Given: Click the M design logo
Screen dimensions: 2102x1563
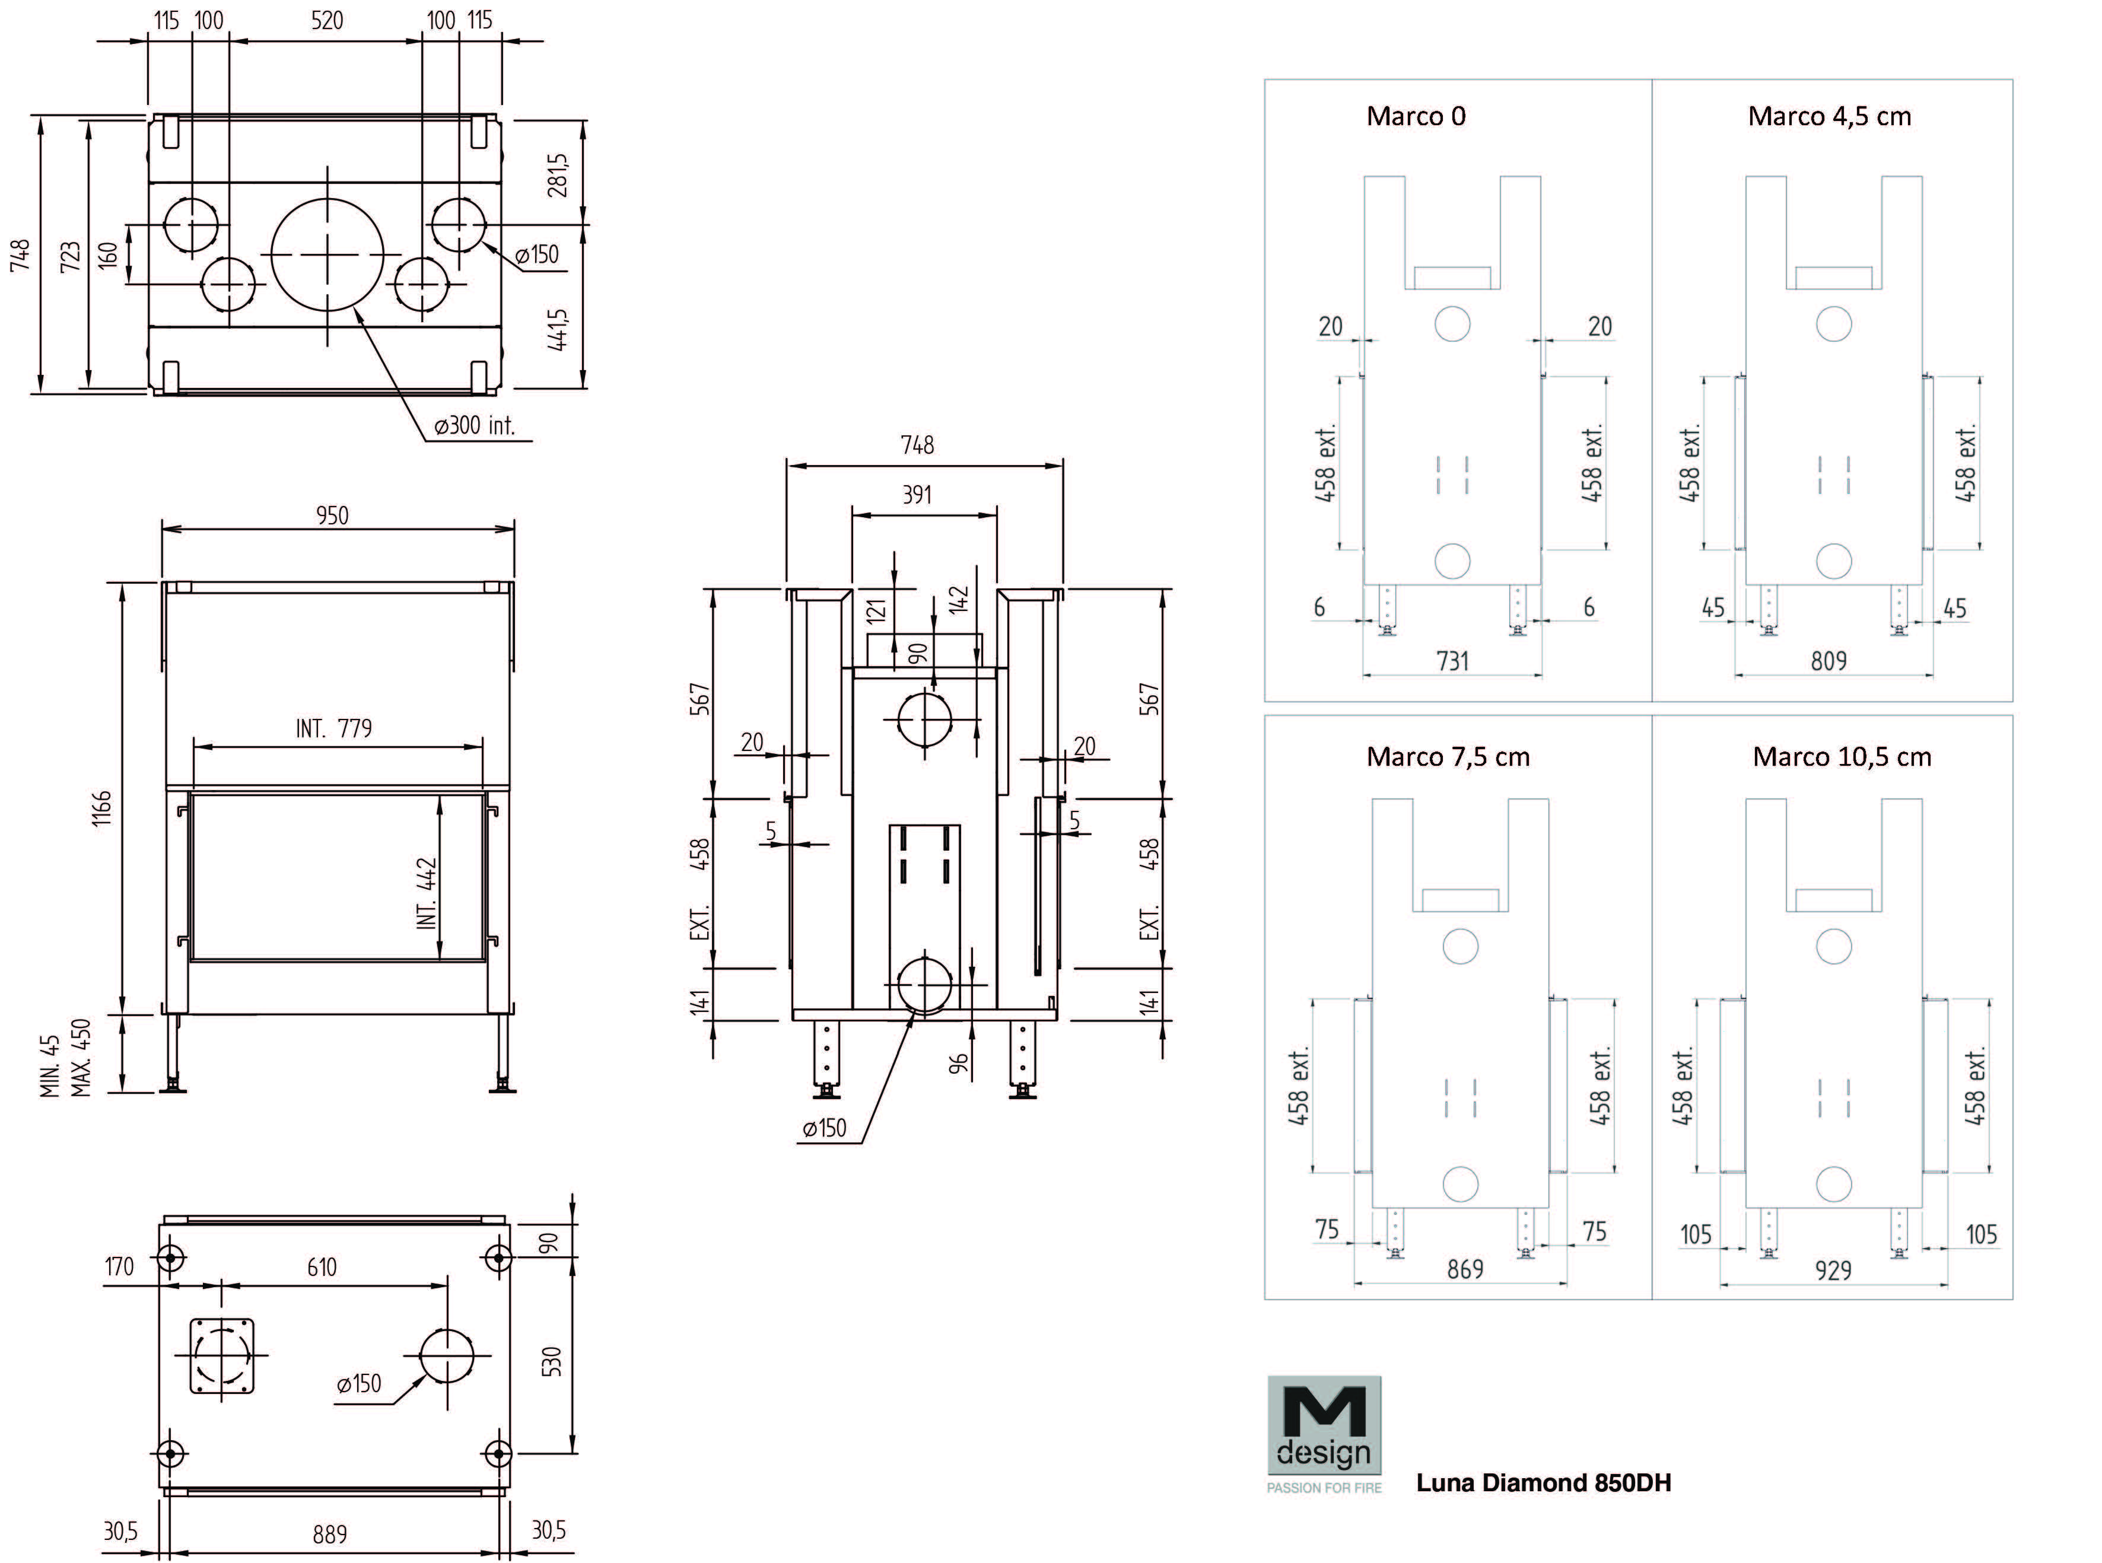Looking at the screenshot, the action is [x=1324, y=1433].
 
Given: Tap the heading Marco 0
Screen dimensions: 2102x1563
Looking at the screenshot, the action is [x=1416, y=116].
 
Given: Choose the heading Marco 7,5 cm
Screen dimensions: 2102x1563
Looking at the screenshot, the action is [x=1448, y=757].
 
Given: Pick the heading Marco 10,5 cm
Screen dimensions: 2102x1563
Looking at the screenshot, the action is [x=1842, y=757].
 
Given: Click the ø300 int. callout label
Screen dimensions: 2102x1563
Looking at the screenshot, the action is [x=474, y=426].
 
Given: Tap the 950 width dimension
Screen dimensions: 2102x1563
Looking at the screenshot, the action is [x=332, y=515].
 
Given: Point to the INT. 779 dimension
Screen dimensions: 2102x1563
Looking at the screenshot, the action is [x=334, y=728].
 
